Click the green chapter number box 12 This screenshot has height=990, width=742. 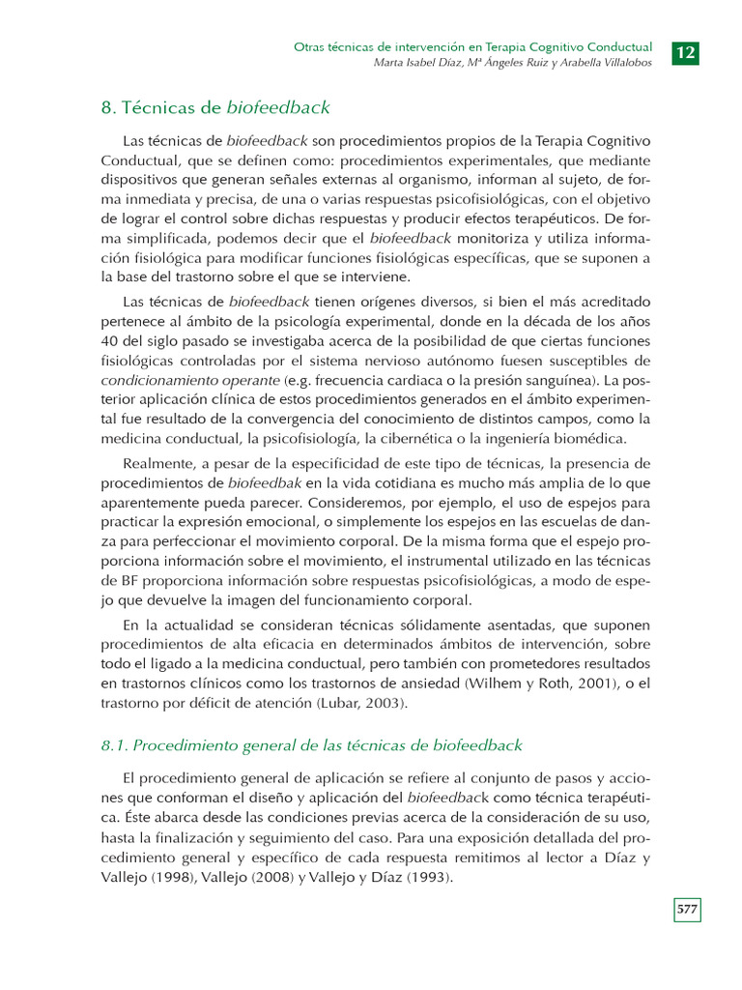coord(686,53)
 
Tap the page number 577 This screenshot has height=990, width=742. coord(687,910)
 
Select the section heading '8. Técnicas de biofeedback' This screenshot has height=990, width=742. coord(215,107)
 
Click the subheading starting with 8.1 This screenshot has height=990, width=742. coord(311,744)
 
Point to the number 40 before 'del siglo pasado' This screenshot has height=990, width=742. coord(110,341)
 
